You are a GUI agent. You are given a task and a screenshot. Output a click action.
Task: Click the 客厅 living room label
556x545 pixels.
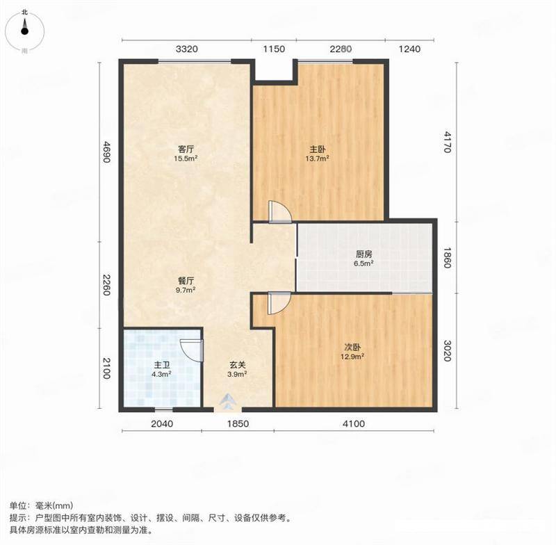pyautogui.click(x=186, y=149)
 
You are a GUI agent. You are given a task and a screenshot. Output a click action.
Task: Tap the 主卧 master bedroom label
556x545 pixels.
pyautogui.click(x=318, y=149)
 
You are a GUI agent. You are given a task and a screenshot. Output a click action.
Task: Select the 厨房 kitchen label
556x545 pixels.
pyautogui.click(x=363, y=254)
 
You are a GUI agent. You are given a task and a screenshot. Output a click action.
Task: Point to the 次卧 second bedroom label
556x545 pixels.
pyautogui.click(x=352, y=347)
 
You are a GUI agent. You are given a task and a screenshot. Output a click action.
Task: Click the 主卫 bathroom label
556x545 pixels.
pyautogui.click(x=162, y=364)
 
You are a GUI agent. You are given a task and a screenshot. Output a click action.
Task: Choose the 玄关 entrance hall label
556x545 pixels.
pyautogui.click(x=237, y=364)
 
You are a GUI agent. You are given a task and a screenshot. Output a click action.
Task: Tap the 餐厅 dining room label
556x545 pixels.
pyautogui.click(x=186, y=281)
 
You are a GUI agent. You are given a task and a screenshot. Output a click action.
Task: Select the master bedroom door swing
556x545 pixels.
pyautogui.click(x=280, y=212)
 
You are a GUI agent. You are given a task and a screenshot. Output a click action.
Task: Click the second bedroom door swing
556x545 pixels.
pyautogui.click(x=279, y=303)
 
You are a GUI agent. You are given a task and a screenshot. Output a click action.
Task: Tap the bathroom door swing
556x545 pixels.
pyautogui.click(x=192, y=350)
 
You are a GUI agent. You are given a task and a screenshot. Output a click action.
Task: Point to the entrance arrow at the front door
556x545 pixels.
pyautogui.click(x=228, y=402)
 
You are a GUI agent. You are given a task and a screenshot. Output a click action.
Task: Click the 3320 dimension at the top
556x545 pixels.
pyautogui.click(x=187, y=49)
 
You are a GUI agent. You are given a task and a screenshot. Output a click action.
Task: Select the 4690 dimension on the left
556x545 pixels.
pyautogui.click(x=106, y=152)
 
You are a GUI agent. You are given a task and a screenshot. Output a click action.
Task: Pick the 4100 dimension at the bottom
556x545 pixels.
pyautogui.click(x=354, y=423)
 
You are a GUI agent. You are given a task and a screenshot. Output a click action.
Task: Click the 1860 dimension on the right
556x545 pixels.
pyautogui.click(x=447, y=257)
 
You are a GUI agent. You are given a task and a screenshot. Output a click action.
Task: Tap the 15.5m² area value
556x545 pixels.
pyautogui.click(x=186, y=158)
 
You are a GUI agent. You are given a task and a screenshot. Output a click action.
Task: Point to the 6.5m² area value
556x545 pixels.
pyautogui.click(x=363, y=263)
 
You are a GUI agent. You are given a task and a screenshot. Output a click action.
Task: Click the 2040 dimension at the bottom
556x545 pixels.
pyautogui.click(x=162, y=423)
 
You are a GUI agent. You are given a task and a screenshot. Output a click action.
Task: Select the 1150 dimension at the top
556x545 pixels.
pyautogui.click(x=274, y=49)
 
